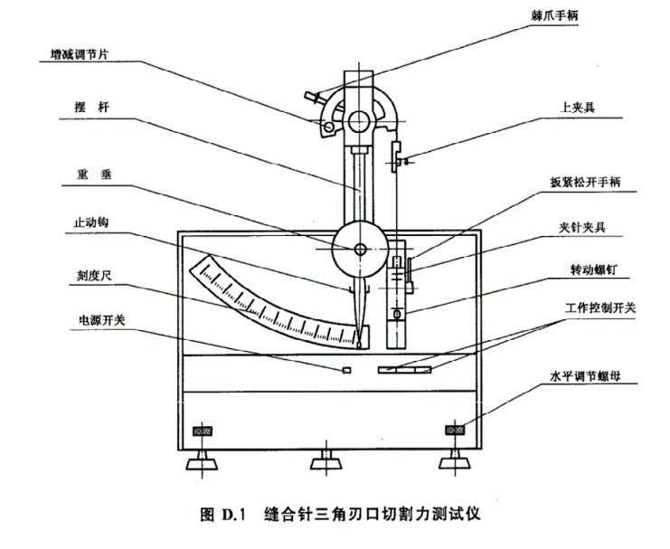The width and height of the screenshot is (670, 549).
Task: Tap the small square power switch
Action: tap(346, 369)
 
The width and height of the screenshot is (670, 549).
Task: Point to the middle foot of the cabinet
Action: tap(325, 463)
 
